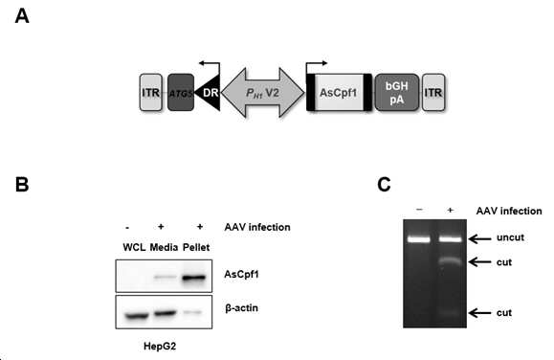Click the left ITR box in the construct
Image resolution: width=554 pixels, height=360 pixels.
point(151,92)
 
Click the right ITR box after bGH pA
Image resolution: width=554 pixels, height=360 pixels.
point(433,92)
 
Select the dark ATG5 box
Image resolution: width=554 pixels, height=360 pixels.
point(181,92)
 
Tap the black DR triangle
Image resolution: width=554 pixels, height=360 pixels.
point(209,93)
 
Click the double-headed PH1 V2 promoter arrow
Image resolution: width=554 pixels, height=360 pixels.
point(263,93)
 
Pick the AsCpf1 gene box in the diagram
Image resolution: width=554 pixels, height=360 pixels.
point(339,92)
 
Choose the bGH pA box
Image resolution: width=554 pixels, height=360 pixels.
point(397,92)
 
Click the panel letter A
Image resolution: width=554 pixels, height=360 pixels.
point(22,16)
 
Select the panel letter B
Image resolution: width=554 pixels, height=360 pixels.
point(22,184)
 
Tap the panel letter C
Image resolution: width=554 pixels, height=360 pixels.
point(384,184)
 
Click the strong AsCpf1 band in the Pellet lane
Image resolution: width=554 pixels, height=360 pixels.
point(193,278)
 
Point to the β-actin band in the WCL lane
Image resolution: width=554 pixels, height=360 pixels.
point(137,315)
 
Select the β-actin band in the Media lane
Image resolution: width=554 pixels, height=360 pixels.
point(165,313)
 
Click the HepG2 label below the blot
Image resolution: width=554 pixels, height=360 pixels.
point(160,347)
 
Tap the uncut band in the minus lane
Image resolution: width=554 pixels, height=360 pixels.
point(419,239)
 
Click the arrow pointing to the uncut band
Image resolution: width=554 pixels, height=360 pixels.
point(479,239)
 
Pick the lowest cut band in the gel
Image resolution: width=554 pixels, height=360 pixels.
point(450,313)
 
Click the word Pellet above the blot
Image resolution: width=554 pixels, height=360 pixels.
point(196,247)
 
